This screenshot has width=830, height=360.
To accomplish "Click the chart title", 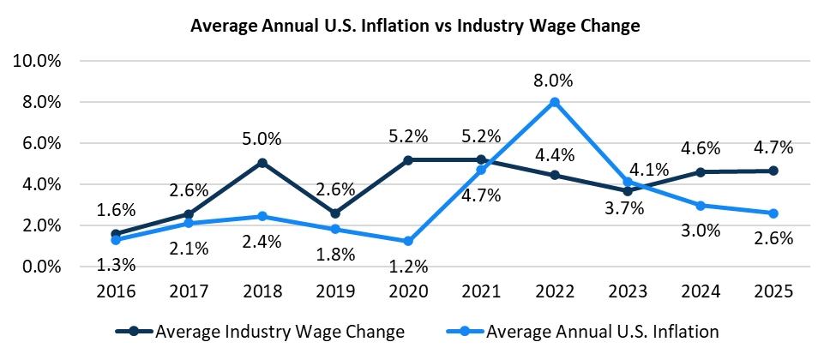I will [415, 27].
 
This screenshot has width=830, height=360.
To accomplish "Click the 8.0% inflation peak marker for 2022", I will [555, 102].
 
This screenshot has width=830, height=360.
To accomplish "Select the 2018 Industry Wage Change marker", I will [262, 163].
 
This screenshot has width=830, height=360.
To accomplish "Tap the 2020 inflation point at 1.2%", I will [409, 242].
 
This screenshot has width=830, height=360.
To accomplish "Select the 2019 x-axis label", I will [335, 292].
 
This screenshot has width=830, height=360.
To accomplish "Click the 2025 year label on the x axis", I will [774, 292].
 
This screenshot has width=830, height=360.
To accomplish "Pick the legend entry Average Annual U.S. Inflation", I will [586, 330].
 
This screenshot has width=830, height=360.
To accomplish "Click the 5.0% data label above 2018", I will [262, 139].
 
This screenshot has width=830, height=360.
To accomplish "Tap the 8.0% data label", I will [555, 81].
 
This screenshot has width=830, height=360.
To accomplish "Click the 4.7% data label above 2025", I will [774, 147].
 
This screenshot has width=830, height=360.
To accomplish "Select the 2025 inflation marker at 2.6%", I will [774, 213].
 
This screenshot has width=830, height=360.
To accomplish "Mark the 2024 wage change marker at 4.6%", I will [701, 172].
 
